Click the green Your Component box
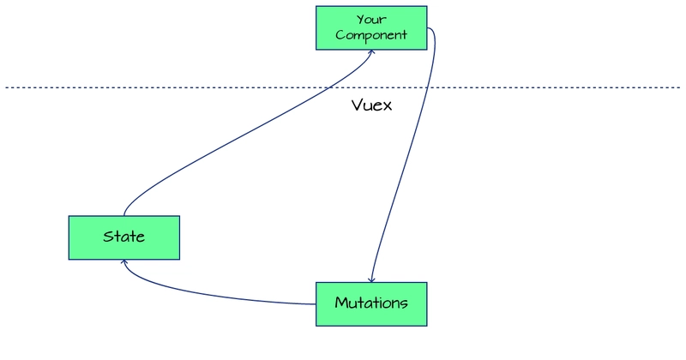[x=371, y=27]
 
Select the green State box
[x=124, y=237]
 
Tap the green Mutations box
[x=371, y=303]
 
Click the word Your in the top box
[x=371, y=18]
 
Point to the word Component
[x=371, y=35]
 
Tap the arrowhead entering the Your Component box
[x=372, y=51]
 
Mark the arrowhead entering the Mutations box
[x=371, y=279]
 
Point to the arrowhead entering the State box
[x=125, y=262]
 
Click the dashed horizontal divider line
[x=171, y=87]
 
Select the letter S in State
[x=107, y=237]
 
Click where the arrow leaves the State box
[x=124, y=214]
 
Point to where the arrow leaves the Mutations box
[x=316, y=303]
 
